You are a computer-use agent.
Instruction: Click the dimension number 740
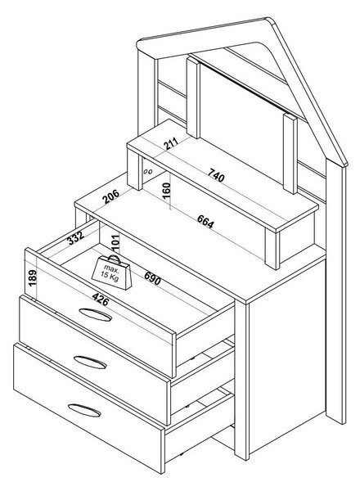click(x=217, y=175)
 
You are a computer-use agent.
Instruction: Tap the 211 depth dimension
click(x=171, y=143)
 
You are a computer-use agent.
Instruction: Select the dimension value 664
click(x=205, y=222)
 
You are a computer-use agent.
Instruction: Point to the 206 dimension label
click(x=111, y=196)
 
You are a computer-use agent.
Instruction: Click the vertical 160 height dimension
click(x=166, y=190)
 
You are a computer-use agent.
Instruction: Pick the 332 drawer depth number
click(x=76, y=237)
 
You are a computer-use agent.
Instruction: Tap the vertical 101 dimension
click(x=115, y=243)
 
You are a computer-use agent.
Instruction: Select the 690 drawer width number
click(x=152, y=278)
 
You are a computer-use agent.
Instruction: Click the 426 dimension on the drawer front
click(x=101, y=300)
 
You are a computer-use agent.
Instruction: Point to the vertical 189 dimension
click(x=33, y=278)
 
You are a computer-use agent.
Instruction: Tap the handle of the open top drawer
click(x=95, y=315)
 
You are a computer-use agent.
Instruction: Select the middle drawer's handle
click(x=90, y=363)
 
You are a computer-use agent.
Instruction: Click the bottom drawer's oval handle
click(x=84, y=410)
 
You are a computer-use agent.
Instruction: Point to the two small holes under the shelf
click(x=148, y=171)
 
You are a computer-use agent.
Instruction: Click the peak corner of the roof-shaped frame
click(x=268, y=20)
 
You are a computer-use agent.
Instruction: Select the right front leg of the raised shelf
click(x=272, y=249)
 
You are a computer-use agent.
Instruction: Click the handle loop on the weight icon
click(x=115, y=259)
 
